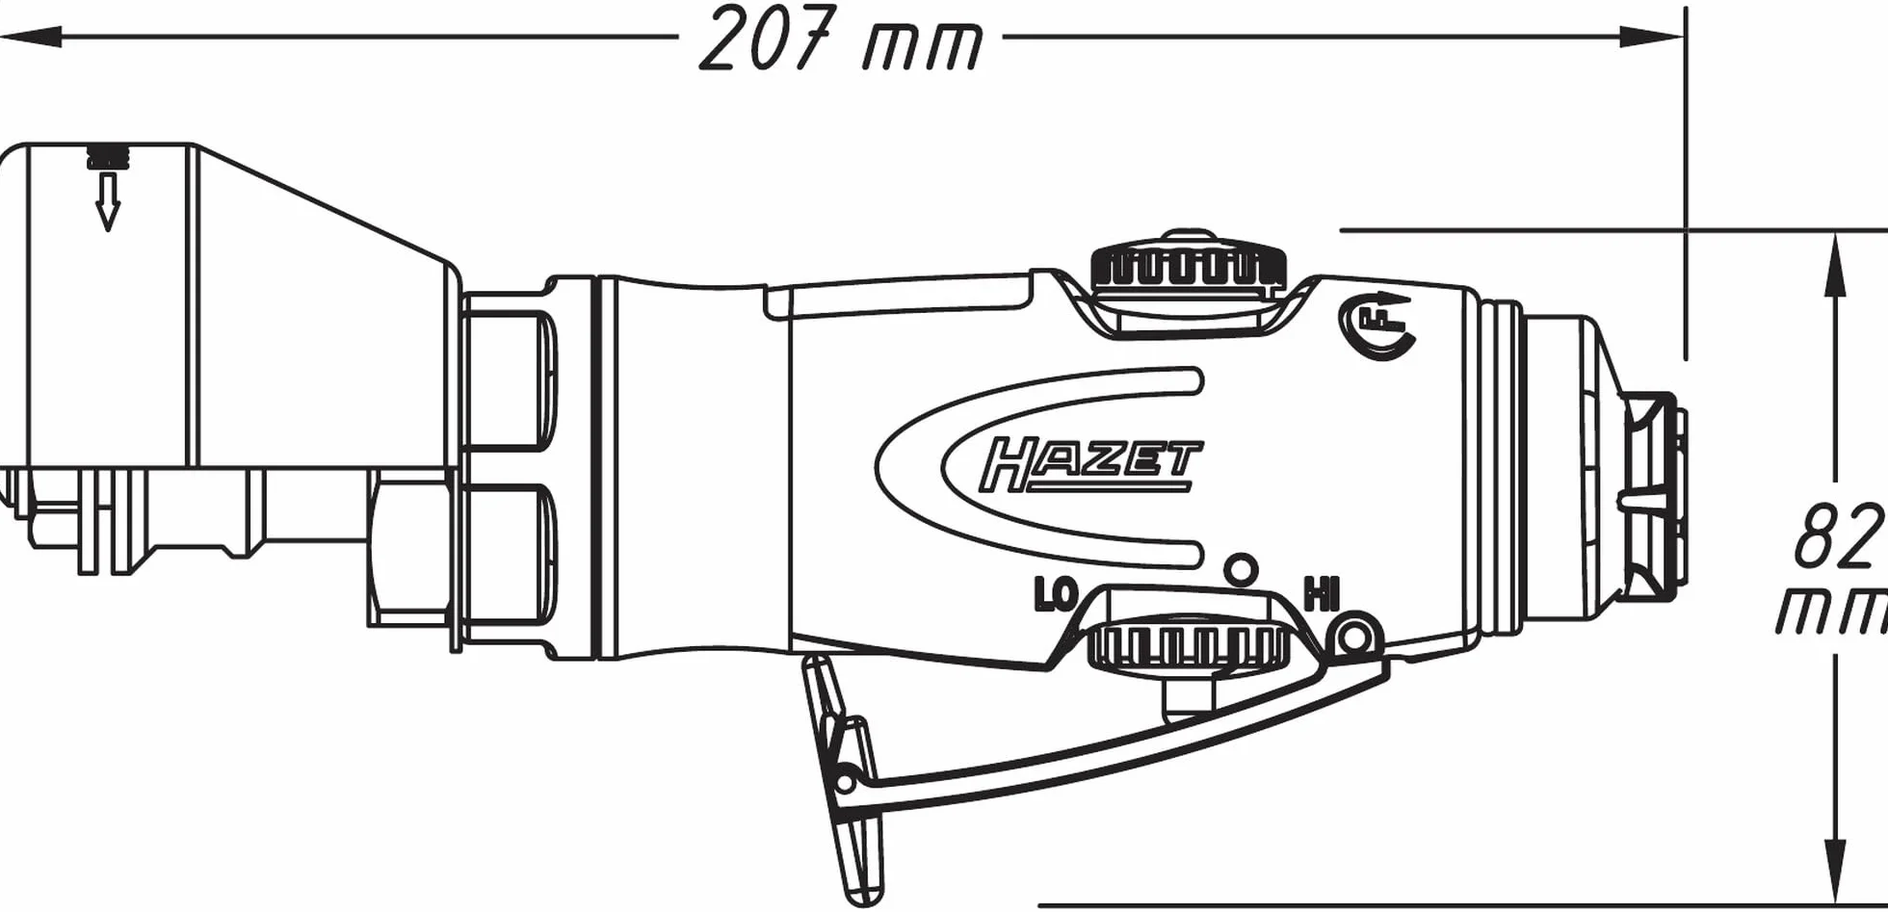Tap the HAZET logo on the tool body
coord(1090,465)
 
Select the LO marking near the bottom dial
coord(1055,595)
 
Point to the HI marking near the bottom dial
coord(1321,594)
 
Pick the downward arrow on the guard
coord(108,201)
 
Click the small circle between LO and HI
coord(1241,570)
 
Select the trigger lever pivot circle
coord(1354,636)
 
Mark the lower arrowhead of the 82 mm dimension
coord(1836,873)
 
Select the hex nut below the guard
coord(409,549)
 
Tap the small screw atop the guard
coord(108,156)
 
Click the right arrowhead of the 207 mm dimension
coord(1653,38)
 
